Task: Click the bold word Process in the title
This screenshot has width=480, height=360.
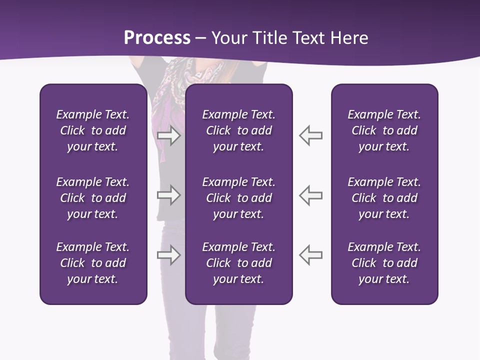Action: (x=157, y=38)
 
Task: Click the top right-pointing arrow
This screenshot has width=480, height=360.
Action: (x=168, y=135)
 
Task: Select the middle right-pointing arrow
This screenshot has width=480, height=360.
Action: (x=168, y=195)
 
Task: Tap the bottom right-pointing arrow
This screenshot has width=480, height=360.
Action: (x=168, y=255)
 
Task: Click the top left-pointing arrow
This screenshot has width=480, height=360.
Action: (x=310, y=135)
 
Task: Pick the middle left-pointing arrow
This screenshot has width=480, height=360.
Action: (x=310, y=195)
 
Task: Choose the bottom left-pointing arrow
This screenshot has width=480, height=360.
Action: (x=310, y=255)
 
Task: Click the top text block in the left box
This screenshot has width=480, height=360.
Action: (x=93, y=130)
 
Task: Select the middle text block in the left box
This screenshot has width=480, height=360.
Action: (x=93, y=198)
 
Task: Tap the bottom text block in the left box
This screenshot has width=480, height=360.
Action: (x=93, y=263)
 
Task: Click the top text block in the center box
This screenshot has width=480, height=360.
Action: (x=238, y=130)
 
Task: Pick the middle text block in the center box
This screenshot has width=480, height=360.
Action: (x=238, y=198)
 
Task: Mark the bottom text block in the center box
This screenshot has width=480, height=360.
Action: (x=238, y=263)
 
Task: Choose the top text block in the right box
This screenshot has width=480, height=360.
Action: (x=384, y=130)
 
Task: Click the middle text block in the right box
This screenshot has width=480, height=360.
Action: (x=384, y=198)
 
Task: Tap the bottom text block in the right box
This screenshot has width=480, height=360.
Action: (x=384, y=263)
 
